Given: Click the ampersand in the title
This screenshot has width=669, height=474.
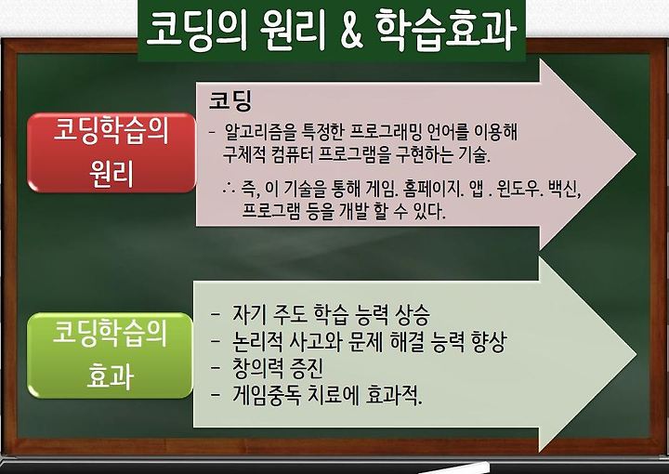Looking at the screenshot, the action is (351, 31).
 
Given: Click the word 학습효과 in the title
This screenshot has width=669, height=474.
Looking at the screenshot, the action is (446, 31).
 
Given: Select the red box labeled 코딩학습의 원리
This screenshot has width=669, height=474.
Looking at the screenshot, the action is (111, 152).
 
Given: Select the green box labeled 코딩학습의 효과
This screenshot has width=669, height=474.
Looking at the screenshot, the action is (110, 355).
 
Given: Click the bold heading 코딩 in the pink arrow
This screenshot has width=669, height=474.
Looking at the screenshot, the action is (230, 100).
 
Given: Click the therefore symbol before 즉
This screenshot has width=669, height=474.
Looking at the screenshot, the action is (229, 189).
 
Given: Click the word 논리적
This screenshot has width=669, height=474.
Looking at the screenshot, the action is (257, 341).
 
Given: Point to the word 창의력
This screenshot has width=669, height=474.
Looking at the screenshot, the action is (257, 368).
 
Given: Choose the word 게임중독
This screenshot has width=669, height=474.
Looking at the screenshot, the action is (267, 395).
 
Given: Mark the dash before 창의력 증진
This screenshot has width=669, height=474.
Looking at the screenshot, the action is (216, 368).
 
